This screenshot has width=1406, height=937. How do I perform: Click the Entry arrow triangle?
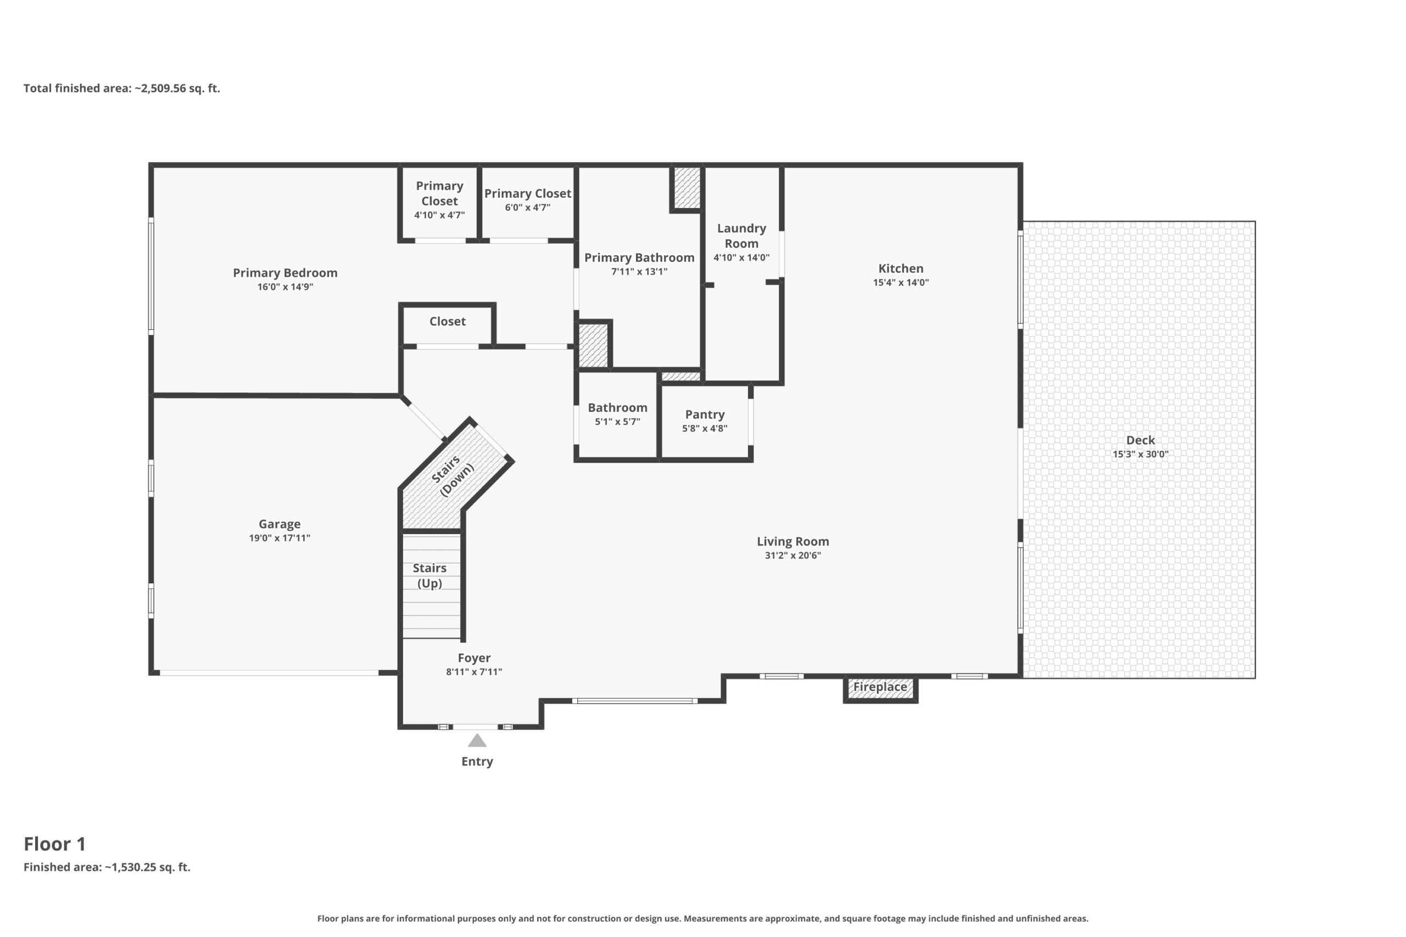click(x=477, y=741)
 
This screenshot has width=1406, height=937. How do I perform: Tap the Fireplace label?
click(x=880, y=687)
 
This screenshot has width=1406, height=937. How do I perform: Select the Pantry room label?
click(x=705, y=415)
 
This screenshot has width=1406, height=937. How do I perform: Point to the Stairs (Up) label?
click(x=430, y=575)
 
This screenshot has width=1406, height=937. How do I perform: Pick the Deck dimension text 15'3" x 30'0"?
click(x=1141, y=454)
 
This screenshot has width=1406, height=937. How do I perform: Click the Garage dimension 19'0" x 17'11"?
click(x=280, y=538)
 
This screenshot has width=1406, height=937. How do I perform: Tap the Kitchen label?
click(x=901, y=268)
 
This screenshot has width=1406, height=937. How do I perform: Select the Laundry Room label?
click(x=741, y=236)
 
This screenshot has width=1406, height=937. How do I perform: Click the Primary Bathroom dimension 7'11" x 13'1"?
click(x=639, y=271)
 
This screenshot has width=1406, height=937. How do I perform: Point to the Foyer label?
click(x=474, y=658)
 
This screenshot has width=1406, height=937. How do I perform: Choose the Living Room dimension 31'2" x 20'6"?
click(x=793, y=556)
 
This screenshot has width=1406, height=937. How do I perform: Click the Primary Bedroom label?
click(x=285, y=273)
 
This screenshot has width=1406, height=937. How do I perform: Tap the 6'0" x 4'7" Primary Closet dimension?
click(x=527, y=207)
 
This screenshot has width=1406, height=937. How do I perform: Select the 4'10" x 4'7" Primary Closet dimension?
click(x=439, y=215)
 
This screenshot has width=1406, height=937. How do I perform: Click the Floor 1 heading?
click(x=55, y=844)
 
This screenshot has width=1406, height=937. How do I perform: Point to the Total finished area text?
click(x=122, y=88)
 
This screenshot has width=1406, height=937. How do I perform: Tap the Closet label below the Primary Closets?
click(x=447, y=322)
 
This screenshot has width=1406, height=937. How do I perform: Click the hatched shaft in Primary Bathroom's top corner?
click(x=687, y=188)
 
